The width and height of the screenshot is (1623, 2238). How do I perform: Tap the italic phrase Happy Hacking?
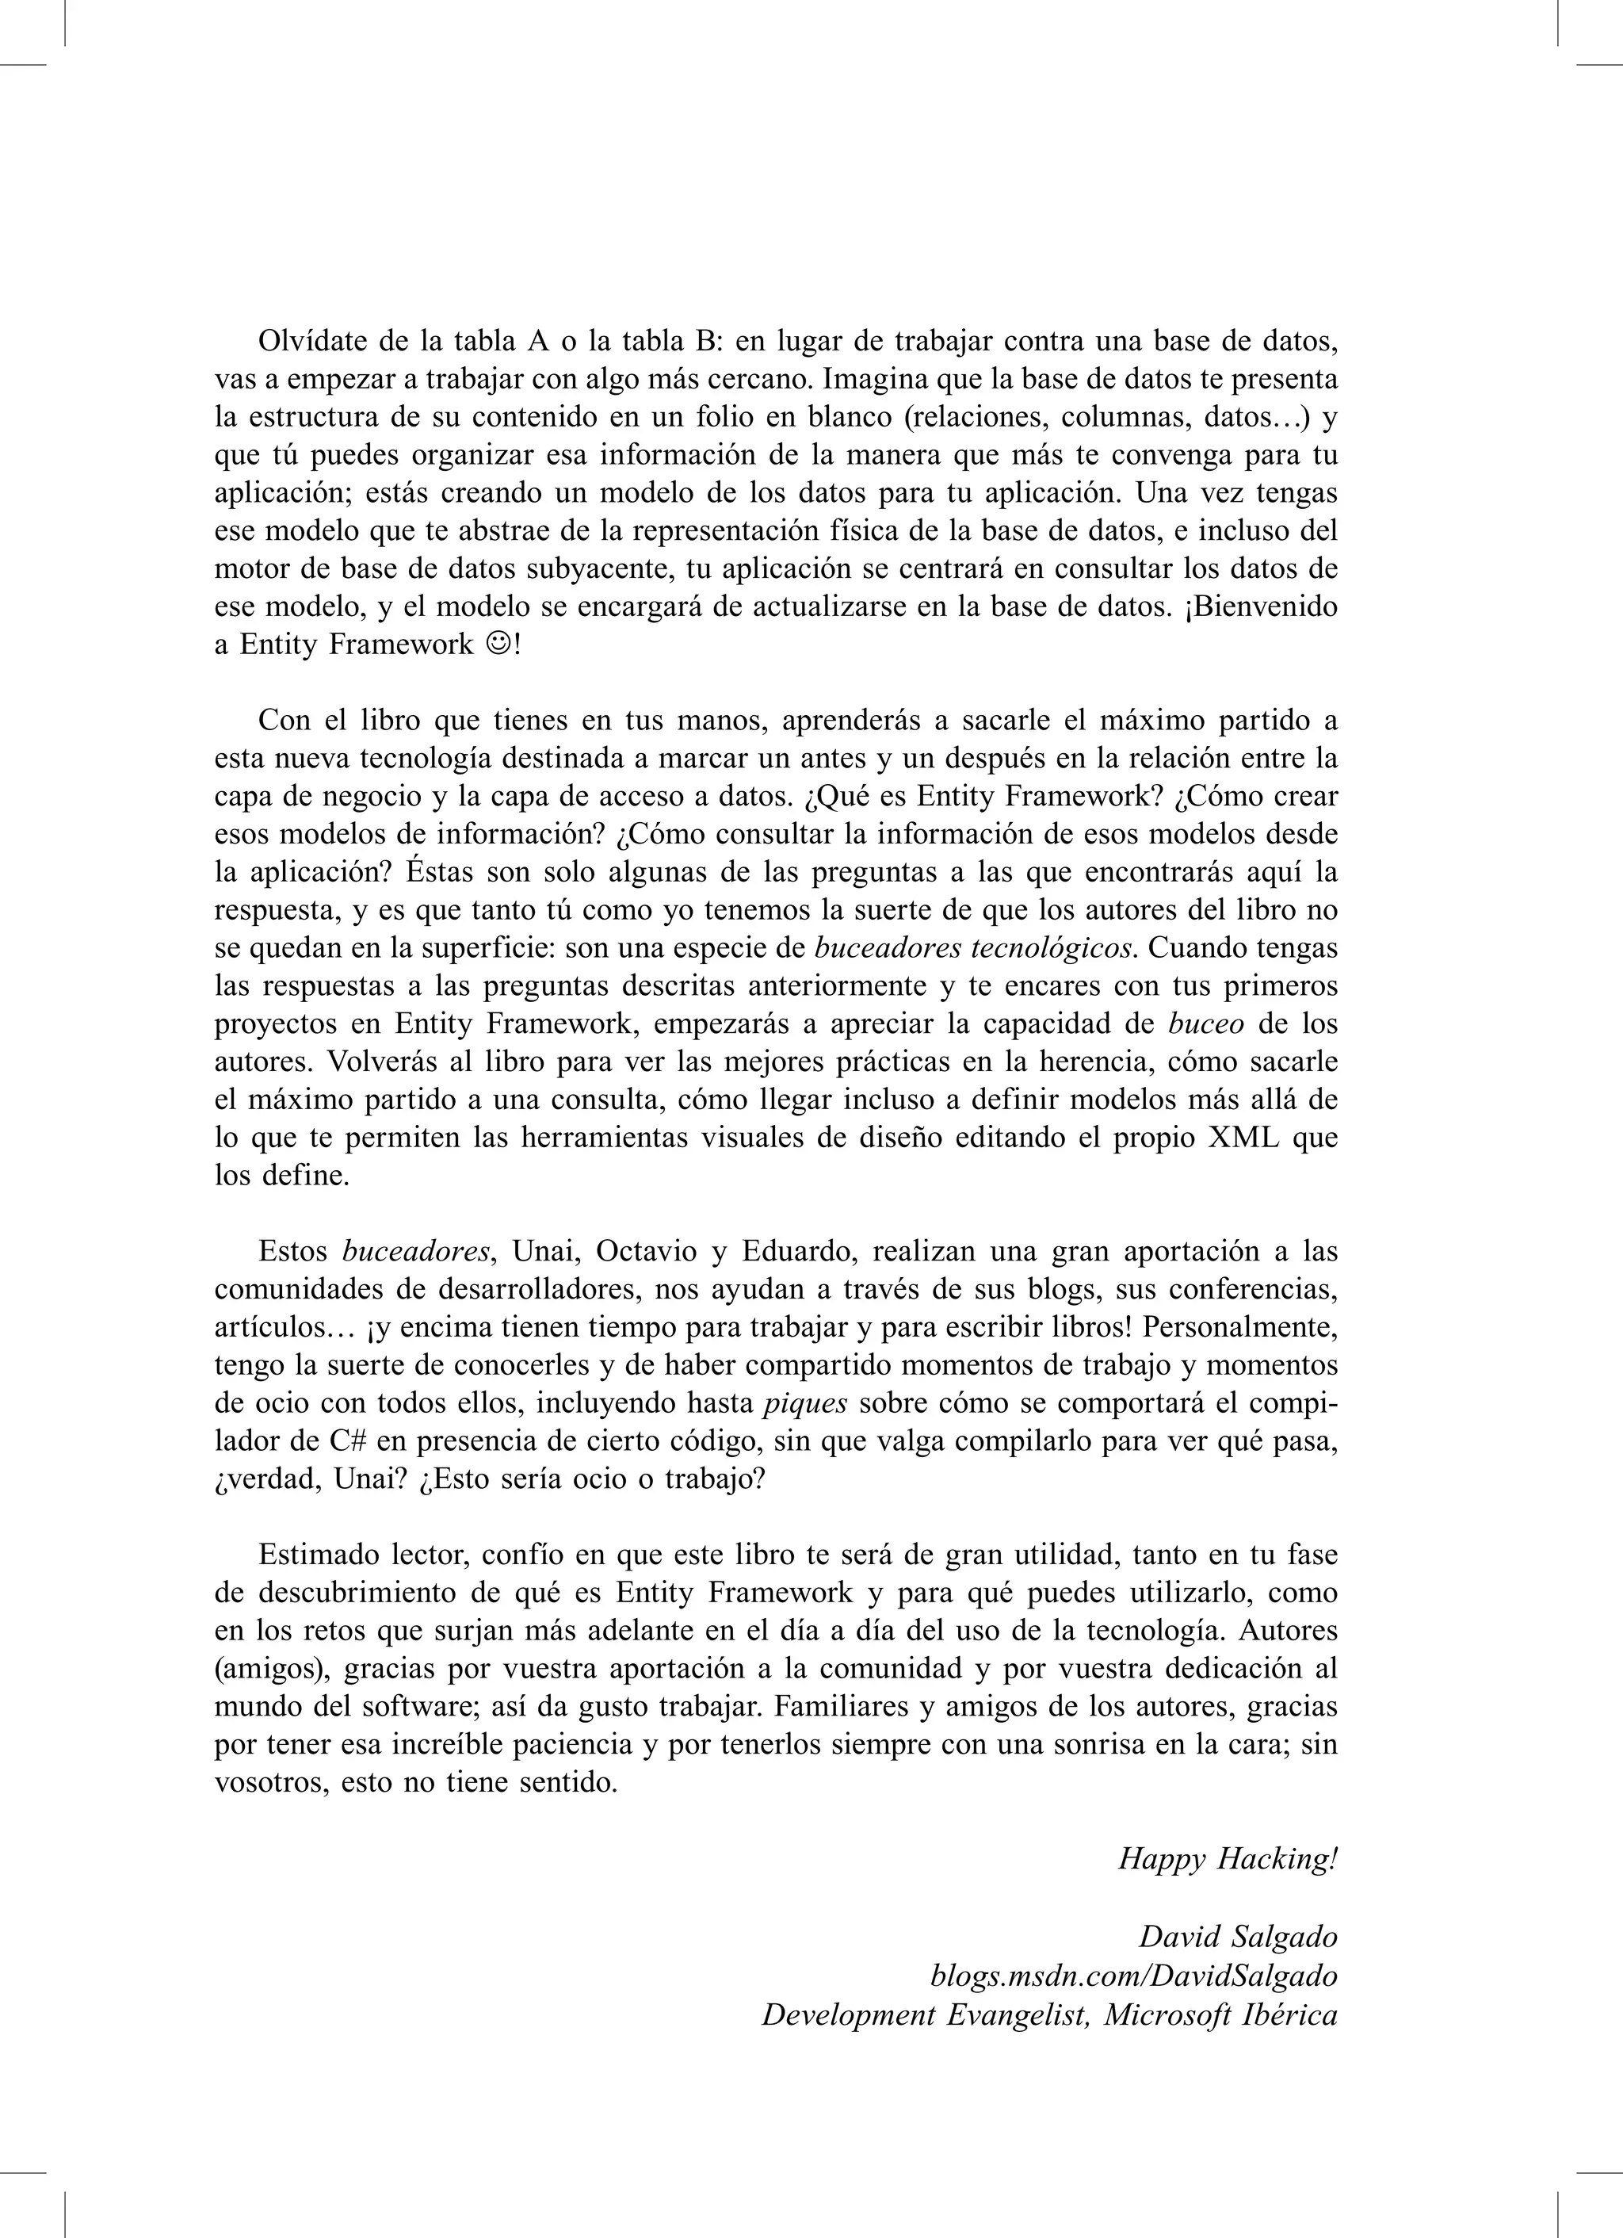(1228, 1858)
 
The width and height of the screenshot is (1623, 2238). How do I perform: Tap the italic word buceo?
(1205, 1023)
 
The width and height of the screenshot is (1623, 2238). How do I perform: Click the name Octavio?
(647, 1251)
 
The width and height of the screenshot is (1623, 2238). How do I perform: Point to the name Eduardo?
(798, 1251)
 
